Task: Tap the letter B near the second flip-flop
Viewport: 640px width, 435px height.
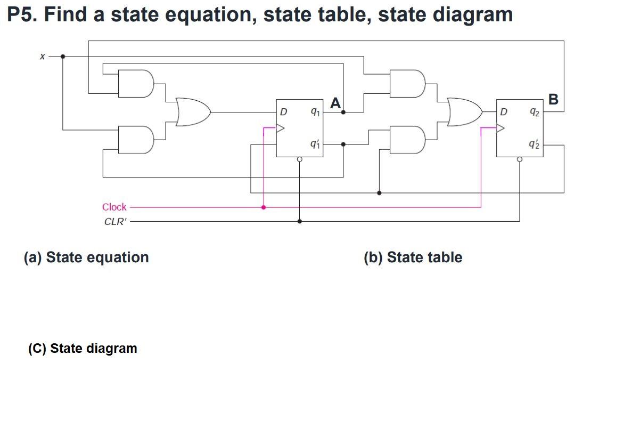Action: point(553,99)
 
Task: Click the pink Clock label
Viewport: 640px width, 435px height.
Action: point(114,207)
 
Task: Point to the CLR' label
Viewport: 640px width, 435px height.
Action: point(116,221)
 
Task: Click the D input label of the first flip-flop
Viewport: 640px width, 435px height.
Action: point(283,112)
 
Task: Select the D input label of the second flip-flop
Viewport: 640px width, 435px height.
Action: point(504,112)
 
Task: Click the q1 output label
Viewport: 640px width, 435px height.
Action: point(315,112)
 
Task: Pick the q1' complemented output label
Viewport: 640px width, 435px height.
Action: point(315,144)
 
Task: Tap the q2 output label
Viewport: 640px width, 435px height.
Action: point(535,112)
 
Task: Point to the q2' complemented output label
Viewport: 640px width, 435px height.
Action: point(535,144)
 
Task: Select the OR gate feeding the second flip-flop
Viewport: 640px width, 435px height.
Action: point(465,112)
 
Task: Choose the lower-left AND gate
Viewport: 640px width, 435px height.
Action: point(136,140)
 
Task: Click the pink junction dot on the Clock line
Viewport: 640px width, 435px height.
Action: point(264,207)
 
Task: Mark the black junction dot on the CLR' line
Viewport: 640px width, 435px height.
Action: point(299,221)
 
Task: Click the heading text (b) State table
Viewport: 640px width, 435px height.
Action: point(413,257)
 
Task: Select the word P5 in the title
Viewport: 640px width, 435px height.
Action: point(21,14)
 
